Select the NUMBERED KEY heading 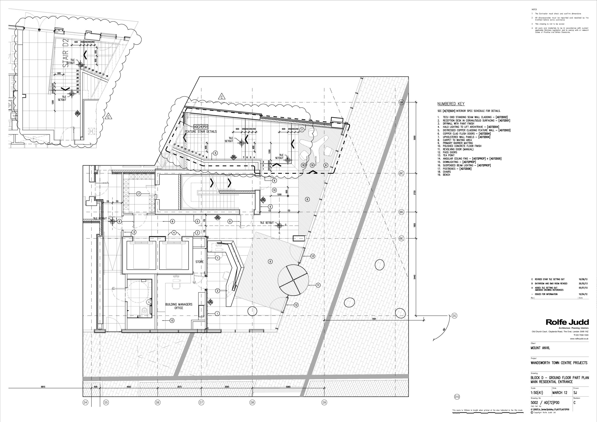click(451, 104)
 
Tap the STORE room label click(199, 262)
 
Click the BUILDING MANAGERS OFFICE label click(179, 306)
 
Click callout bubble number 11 click(318, 285)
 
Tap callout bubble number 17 click(139, 194)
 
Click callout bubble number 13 click(172, 320)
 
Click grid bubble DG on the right click(454, 316)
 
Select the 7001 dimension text click(374, 319)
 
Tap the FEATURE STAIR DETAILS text click(201, 132)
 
